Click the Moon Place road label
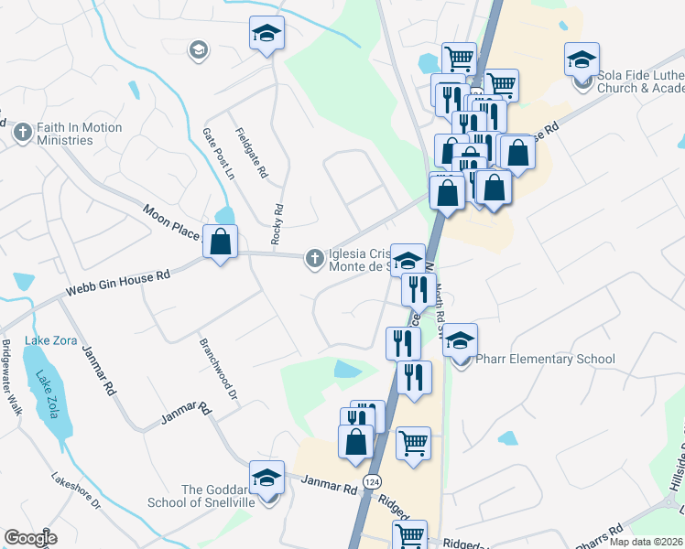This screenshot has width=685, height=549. click(x=171, y=222)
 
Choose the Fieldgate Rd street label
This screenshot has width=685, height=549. click(x=250, y=152)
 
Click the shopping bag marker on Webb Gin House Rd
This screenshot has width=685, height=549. click(x=220, y=242)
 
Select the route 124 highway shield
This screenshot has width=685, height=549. click(x=372, y=481)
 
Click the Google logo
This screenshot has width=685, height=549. click(x=30, y=537)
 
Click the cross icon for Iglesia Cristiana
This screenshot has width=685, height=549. click(x=314, y=260)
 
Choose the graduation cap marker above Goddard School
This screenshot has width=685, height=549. click(x=267, y=478)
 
